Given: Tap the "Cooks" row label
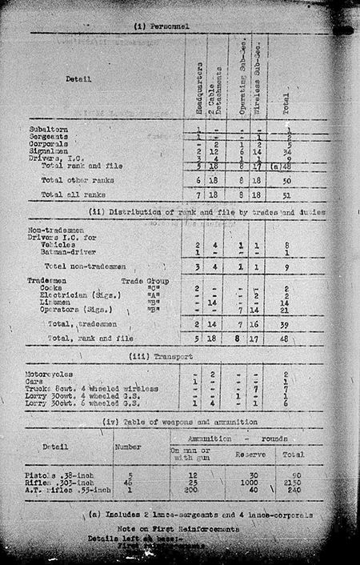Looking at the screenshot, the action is click(54, 289).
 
